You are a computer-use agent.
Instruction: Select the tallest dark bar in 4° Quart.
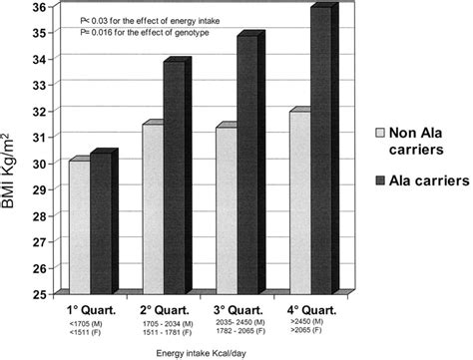(320, 151)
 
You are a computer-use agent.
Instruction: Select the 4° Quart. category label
(307, 308)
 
